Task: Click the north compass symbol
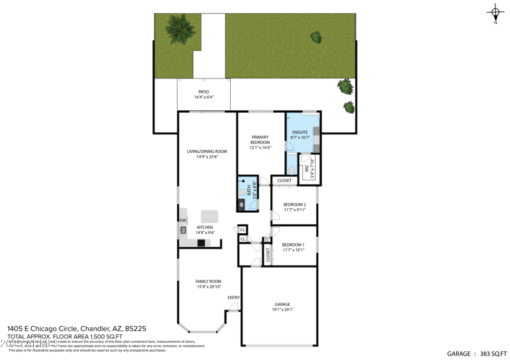[495, 12]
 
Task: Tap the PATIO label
[203, 92]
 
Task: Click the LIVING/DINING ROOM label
[207, 152]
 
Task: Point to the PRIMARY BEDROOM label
[260, 140]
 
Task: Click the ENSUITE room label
[300, 133]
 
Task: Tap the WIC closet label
[307, 170]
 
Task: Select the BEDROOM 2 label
[295, 205]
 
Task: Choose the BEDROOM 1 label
[293, 245]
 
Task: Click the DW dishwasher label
[182, 220]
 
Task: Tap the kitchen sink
[182, 230]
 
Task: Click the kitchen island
[209, 216]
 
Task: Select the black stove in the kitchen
[201, 243]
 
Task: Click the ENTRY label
[233, 298]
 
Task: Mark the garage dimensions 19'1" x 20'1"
[282, 310]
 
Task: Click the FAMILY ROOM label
[208, 281]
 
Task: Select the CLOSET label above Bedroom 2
[284, 180]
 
